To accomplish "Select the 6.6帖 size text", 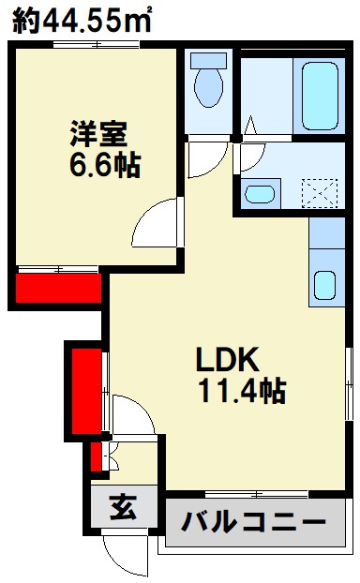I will point(104,166).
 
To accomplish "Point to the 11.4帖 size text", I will point(241,391).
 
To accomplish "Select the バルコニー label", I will point(252,521).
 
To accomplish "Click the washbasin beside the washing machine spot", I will point(258,194).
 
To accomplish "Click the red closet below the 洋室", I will point(58,286).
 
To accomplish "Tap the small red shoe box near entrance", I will point(96,458).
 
